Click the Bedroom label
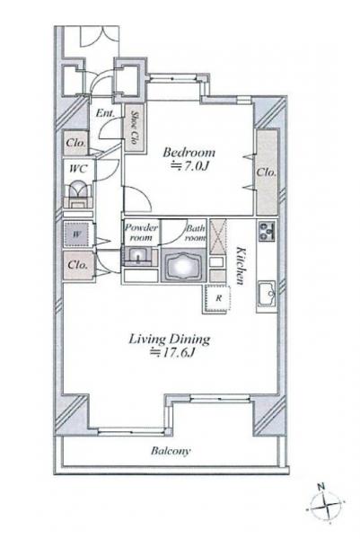point(189,152)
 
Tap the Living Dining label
point(170,340)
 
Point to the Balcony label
point(171,451)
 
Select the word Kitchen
point(241,266)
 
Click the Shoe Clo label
point(135,128)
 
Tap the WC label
point(78,169)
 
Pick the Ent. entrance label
point(105,113)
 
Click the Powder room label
point(141,233)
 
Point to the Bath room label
point(195,233)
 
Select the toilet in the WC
point(78,194)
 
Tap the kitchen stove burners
point(267,231)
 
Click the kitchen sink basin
point(267,293)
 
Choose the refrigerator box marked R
point(217,298)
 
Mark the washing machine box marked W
point(77,234)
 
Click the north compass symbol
point(324,505)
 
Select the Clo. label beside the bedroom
point(267,172)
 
